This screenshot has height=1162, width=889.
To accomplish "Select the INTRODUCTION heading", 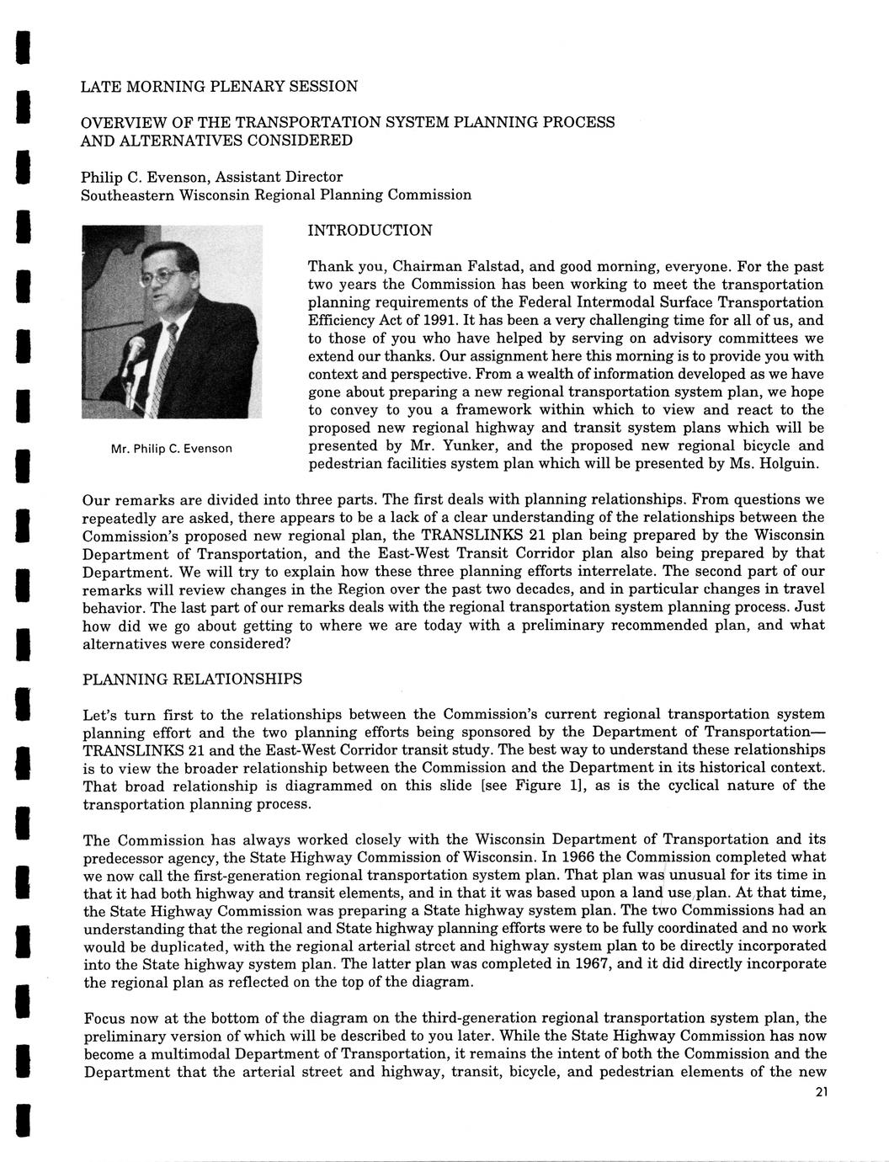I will (370, 231).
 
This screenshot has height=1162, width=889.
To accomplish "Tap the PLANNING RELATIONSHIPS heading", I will (192, 679).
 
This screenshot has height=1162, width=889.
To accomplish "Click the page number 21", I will (822, 1093).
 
